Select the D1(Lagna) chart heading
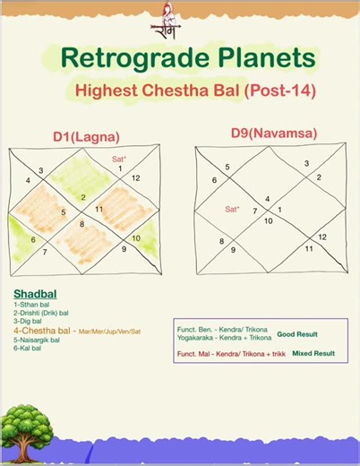click(86, 136)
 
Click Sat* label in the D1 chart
click(118, 159)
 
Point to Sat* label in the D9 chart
click(232, 209)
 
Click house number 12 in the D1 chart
click(135, 177)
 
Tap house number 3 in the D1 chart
click(40, 170)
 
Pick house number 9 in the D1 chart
click(124, 248)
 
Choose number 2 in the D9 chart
click(318, 177)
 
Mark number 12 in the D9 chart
click(321, 237)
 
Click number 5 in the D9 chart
click(227, 167)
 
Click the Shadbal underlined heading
click(32, 294)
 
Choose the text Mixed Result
click(313, 353)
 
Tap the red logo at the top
click(166, 21)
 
